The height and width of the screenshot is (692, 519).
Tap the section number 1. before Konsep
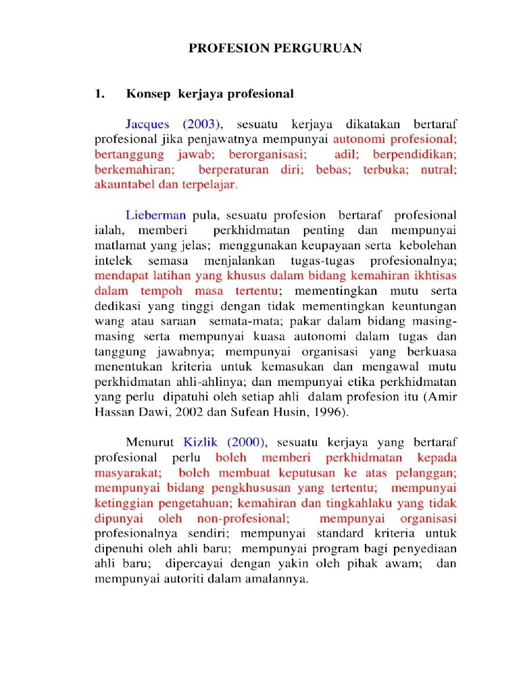pyautogui.click(x=99, y=94)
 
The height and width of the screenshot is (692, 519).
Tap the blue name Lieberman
pyautogui.click(x=155, y=216)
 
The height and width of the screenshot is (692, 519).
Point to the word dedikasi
pyautogui.click(x=116, y=306)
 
